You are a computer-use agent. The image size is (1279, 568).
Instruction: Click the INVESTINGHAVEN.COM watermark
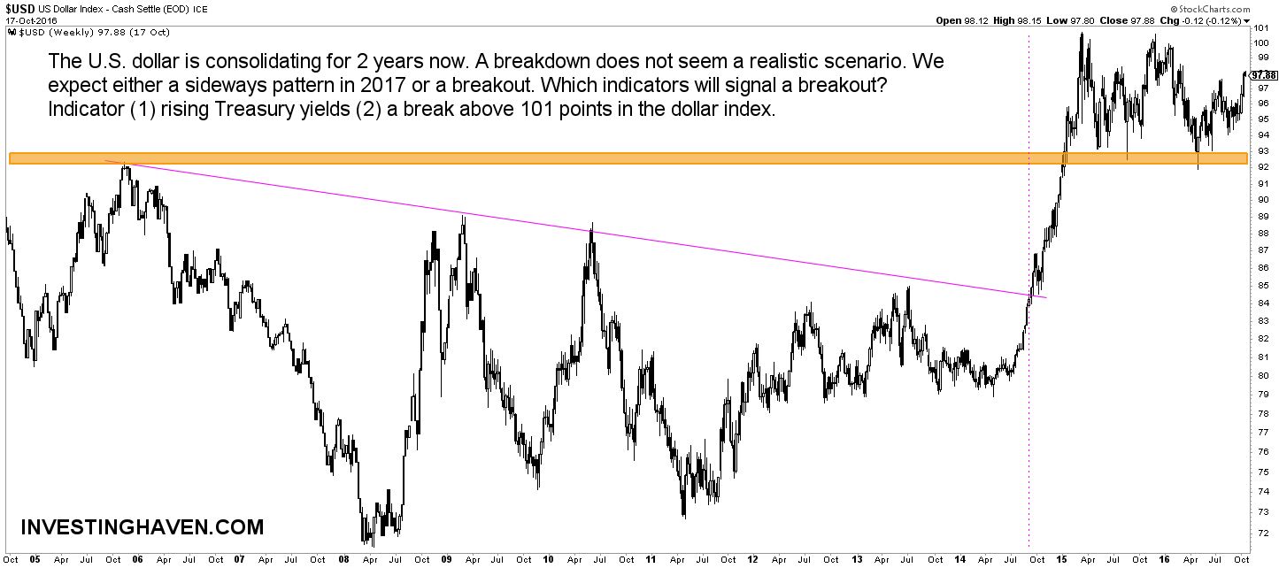pyautogui.click(x=142, y=528)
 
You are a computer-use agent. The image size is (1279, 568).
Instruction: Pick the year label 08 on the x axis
pyautogui.click(x=343, y=560)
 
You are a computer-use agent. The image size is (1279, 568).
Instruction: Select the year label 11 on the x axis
pyautogui.click(x=651, y=560)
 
